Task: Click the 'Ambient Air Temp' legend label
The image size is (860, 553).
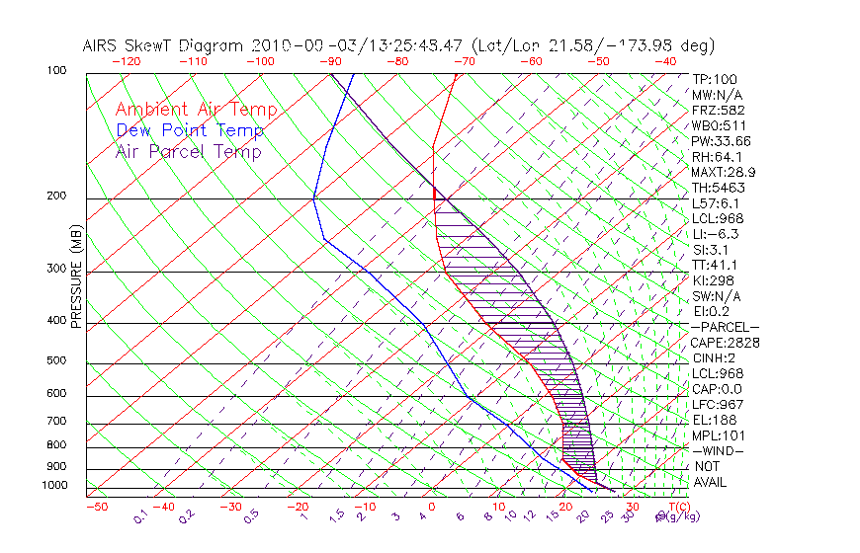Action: point(196,110)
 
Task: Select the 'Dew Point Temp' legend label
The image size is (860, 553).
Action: point(190,130)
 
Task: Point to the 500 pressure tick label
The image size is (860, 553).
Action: point(55,362)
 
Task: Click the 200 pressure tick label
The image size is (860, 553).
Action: point(55,197)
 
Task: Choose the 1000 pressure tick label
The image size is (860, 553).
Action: point(53,486)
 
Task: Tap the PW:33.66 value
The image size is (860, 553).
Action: point(721,141)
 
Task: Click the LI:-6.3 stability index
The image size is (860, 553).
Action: point(715,234)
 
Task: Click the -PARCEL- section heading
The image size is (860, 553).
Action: point(725,327)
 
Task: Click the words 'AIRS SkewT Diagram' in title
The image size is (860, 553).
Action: point(165,45)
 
